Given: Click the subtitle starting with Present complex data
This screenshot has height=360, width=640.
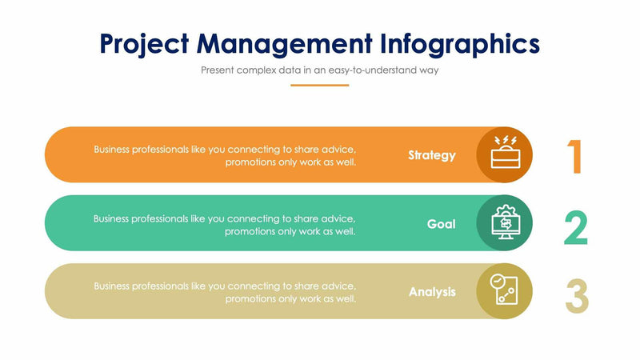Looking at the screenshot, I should click(319, 70).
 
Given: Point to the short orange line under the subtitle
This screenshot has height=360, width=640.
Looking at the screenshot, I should click(319, 85).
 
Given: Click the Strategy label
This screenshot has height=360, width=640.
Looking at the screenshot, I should click(431, 155).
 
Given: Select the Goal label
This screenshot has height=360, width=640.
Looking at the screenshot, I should click(441, 224).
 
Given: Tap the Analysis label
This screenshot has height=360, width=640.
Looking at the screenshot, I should click(432, 292).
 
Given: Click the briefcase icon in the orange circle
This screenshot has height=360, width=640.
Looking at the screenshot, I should click(505, 154).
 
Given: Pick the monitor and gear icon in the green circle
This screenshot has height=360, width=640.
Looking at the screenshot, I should click(505, 223).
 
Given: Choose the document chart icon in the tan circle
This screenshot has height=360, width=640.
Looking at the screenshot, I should click(505, 291).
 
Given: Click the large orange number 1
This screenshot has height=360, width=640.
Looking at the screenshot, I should click(575, 157).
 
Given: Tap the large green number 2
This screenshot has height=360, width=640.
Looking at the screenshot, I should click(576, 228).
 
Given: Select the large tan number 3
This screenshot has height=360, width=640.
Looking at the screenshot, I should click(576, 296).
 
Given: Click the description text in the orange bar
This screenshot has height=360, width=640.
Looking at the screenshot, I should click(225, 155).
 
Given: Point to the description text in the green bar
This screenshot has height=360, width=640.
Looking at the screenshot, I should click(225, 224).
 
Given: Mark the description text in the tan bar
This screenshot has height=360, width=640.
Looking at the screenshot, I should click(225, 292).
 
